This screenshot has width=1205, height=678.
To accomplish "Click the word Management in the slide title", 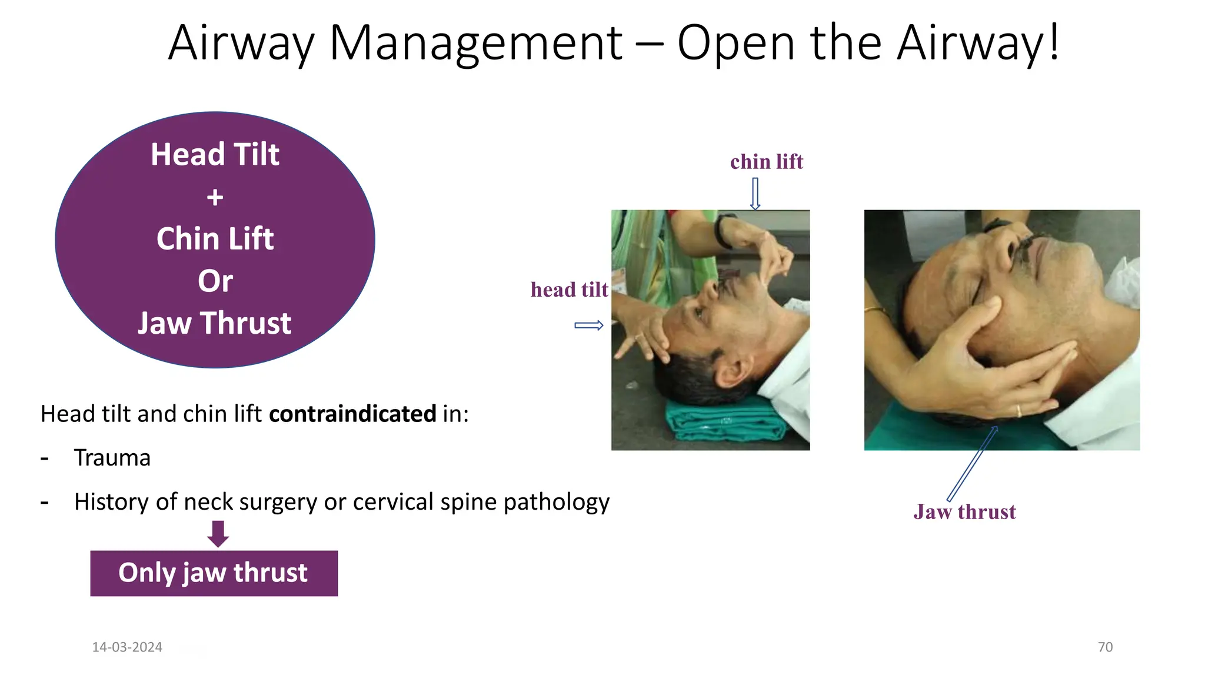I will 475,44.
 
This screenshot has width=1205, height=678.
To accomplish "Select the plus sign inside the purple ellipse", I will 215,197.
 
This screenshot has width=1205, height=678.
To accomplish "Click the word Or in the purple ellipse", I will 215,281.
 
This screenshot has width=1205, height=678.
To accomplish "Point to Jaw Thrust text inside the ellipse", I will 215,323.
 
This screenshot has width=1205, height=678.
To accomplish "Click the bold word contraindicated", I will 352,414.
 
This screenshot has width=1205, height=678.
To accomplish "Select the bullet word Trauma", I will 112,458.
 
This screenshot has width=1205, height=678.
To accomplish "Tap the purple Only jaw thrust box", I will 214,573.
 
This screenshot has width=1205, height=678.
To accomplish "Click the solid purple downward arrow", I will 218,533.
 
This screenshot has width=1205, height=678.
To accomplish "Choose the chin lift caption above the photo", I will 767,162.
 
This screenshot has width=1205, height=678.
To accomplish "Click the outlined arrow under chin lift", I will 755,194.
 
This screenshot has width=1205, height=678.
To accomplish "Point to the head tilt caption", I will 569,290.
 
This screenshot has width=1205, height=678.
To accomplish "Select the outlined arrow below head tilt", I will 589,325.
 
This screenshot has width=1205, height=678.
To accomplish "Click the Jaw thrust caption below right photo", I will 964,512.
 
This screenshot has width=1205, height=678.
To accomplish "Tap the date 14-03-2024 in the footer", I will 127,647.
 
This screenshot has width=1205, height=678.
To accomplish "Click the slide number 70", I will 1105,647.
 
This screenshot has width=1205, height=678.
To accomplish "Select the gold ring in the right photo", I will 1018,410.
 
